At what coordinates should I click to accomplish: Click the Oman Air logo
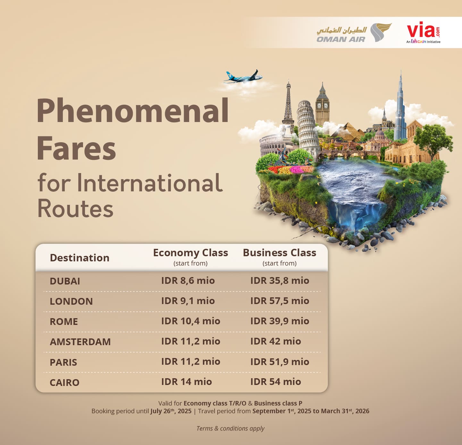click(x=354, y=33)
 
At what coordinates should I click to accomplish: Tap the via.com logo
click(x=424, y=32)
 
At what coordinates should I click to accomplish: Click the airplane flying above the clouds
click(x=243, y=77)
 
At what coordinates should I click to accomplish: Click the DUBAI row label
click(x=65, y=281)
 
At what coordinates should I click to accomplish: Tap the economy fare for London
click(x=188, y=301)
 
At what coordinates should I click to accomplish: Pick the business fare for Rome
click(x=280, y=321)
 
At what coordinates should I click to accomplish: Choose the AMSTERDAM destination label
click(x=80, y=342)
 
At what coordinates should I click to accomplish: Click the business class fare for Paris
click(x=280, y=362)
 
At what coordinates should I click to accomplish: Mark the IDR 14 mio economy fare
click(x=187, y=382)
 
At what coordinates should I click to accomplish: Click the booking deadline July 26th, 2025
click(x=171, y=411)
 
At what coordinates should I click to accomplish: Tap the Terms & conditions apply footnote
click(x=230, y=428)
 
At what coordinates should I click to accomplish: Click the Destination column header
click(x=80, y=258)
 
